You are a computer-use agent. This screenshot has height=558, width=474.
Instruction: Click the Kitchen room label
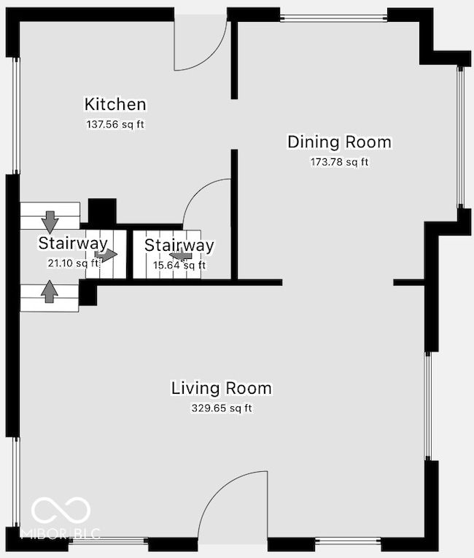tap(115, 104)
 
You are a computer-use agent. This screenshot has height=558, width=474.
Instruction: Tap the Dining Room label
tap(340, 142)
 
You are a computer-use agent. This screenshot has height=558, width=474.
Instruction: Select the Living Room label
tap(222, 388)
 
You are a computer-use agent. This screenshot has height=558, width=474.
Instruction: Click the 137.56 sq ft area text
tap(115, 125)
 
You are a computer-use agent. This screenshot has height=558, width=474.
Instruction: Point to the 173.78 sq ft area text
tap(340, 162)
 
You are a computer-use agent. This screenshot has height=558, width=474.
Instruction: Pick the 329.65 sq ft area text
tap(222, 408)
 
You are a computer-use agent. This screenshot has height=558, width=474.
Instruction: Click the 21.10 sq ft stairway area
tap(73, 263)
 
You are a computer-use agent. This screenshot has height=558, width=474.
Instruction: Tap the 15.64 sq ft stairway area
tap(179, 265)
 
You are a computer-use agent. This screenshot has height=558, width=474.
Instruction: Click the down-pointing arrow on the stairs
tap(50, 222)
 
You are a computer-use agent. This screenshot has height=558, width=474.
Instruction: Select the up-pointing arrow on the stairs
tap(50, 292)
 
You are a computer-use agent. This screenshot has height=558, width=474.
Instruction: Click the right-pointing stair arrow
tap(106, 255)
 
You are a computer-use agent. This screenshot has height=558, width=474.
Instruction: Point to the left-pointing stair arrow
tap(181, 255)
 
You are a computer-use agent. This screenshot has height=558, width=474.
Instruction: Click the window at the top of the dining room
tap(333, 18)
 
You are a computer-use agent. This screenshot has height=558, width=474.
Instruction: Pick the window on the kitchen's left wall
tap(16, 115)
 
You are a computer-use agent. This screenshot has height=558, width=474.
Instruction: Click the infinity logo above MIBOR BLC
tap(61, 511)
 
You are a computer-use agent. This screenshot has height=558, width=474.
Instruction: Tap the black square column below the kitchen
tap(102, 211)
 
